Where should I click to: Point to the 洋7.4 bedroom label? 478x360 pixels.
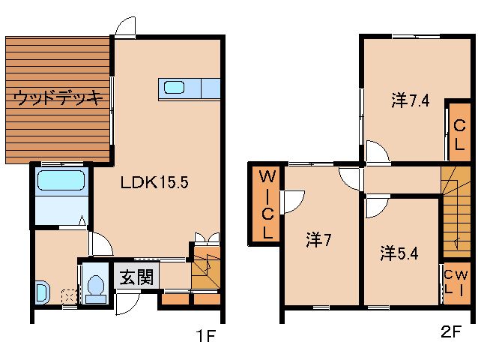409,99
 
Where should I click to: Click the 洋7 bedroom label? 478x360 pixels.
318,240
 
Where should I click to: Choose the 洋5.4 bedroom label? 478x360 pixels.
398,253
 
